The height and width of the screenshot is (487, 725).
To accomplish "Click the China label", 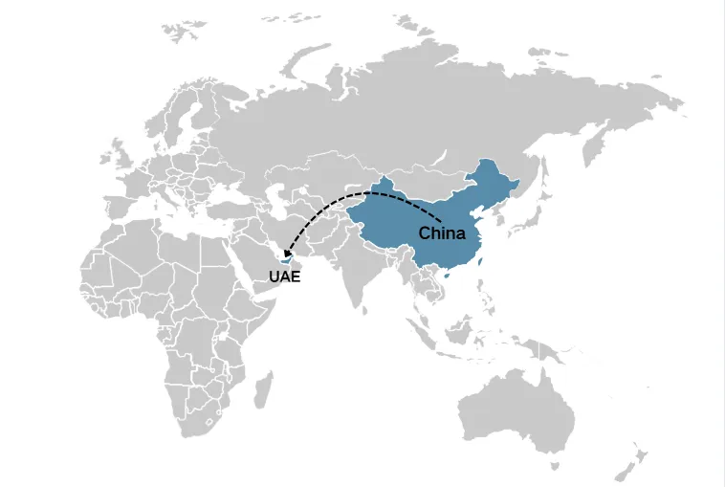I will (442, 233).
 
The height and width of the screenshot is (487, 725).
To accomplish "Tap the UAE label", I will (284, 277).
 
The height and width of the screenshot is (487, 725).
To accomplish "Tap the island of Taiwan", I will (480, 259).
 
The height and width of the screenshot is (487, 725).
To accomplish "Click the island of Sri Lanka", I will (372, 312).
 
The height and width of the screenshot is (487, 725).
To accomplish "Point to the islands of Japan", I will (524, 222).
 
